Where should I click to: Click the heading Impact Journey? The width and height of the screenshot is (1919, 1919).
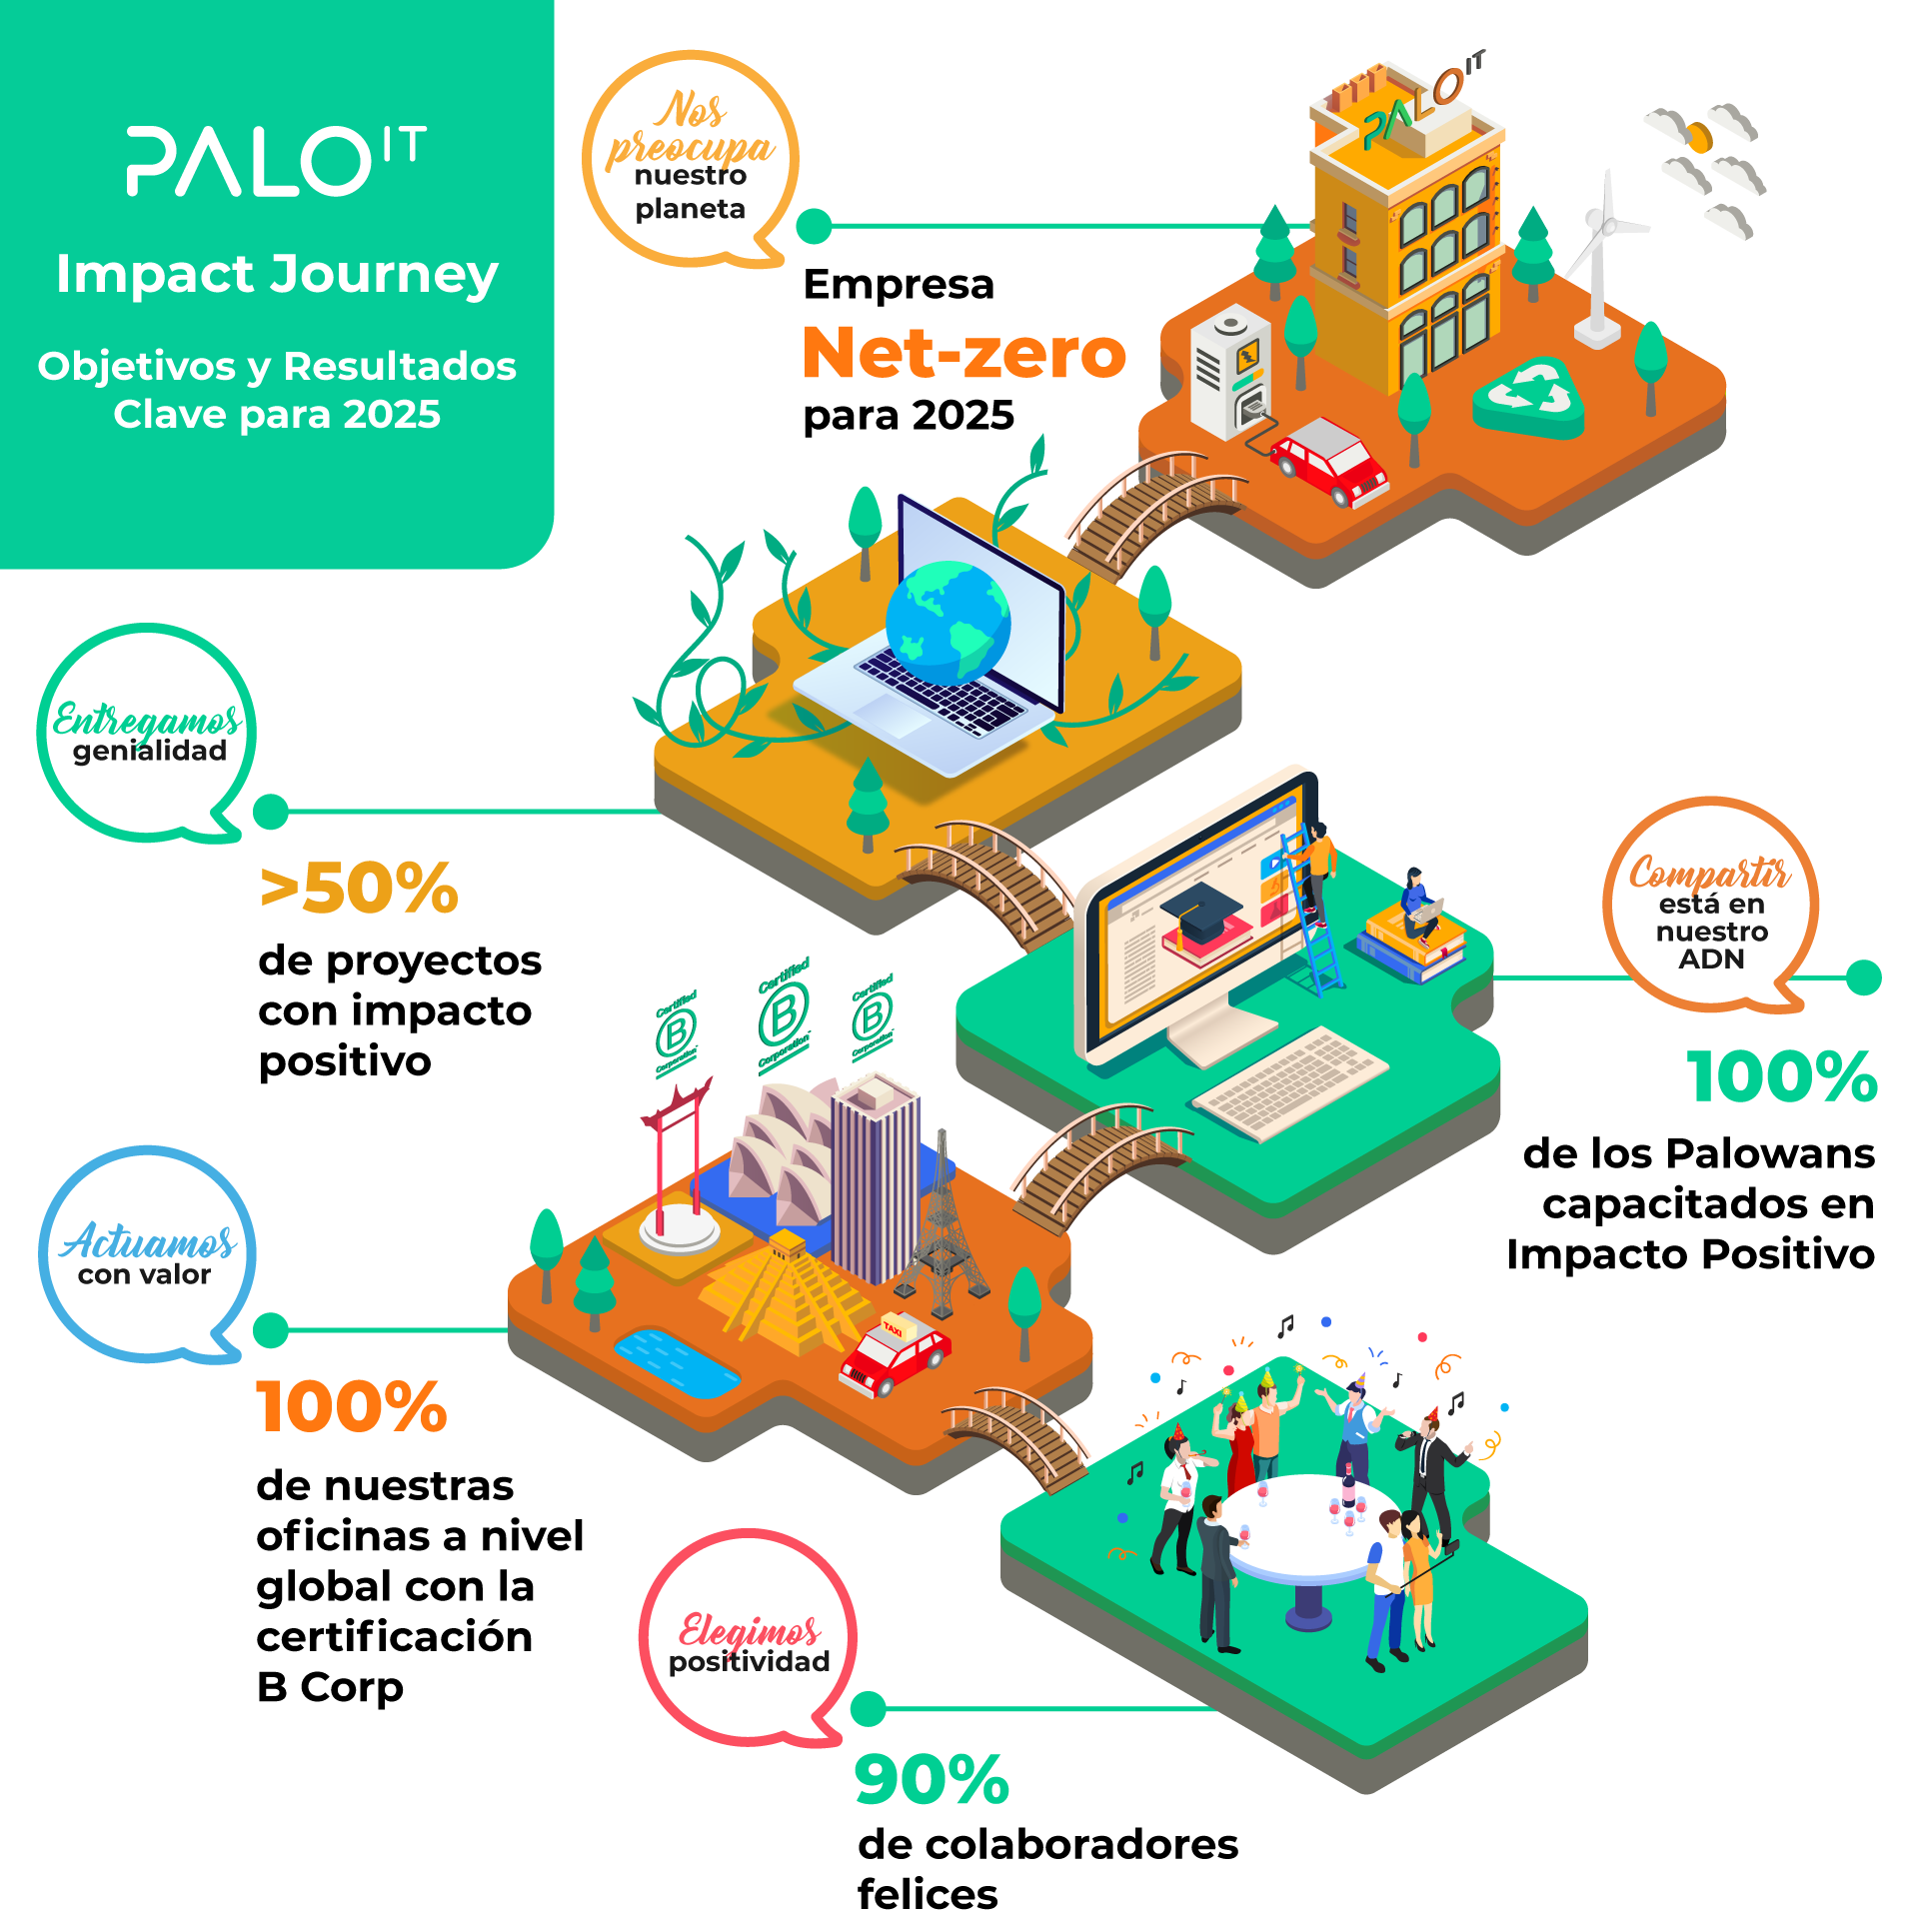click(x=277, y=274)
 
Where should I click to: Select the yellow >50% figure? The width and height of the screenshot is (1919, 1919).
click(x=360, y=888)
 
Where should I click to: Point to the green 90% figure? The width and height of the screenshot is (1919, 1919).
click(x=932, y=1779)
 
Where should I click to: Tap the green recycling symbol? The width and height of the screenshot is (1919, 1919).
click(x=1528, y=395)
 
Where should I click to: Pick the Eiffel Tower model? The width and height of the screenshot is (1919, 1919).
click(x=941, y=1229)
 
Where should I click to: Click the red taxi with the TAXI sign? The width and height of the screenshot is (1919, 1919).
click(x=895, y=1354)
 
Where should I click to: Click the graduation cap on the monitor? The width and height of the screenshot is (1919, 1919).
click(x=1198, y=910)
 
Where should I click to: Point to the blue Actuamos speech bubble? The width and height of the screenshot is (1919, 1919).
click(x=148, y=1253)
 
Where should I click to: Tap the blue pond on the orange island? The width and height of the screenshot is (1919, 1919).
click(x=676, y=1361)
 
